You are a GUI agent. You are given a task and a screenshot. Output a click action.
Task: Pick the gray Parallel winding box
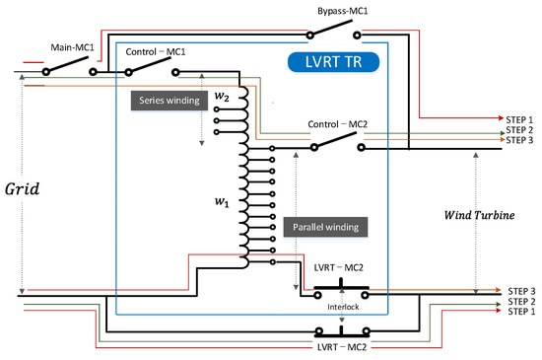[325, 226]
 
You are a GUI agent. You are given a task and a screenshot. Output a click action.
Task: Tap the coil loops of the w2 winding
[239, 110]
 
